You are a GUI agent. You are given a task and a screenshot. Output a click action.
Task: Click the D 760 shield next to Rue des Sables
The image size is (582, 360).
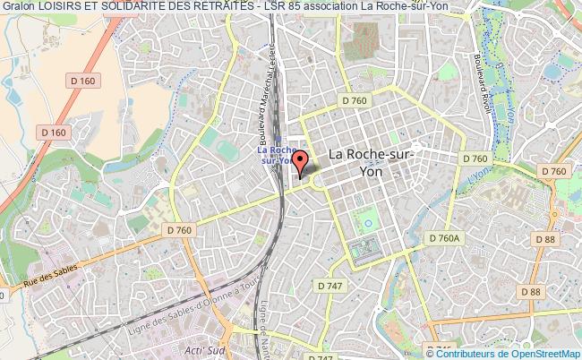pos(179,230)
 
